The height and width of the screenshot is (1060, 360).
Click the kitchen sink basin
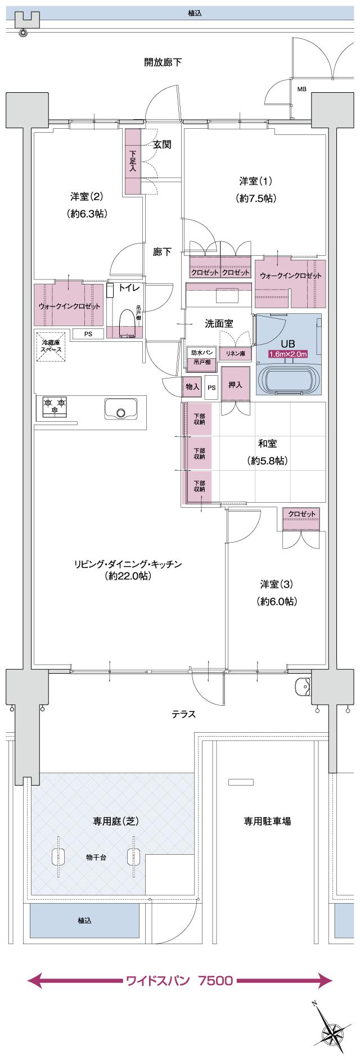tap(121, 409)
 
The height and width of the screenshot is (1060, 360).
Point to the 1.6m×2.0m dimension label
tap(289, 354)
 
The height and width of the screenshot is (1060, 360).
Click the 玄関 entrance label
tap(162, 145)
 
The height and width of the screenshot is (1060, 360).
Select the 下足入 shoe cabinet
tap(133, 161)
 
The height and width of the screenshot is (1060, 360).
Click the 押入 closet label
tap(235, 385)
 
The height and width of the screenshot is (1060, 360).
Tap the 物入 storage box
tap(192, 387)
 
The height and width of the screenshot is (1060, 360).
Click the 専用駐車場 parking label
tap(267, 821)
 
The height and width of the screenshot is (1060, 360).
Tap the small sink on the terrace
tap(303, 686)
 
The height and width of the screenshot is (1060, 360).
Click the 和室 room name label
tap(267, 444)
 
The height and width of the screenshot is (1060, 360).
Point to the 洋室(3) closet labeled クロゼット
tap(301, 514)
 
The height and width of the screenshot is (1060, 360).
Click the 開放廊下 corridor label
tap(163, 62)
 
